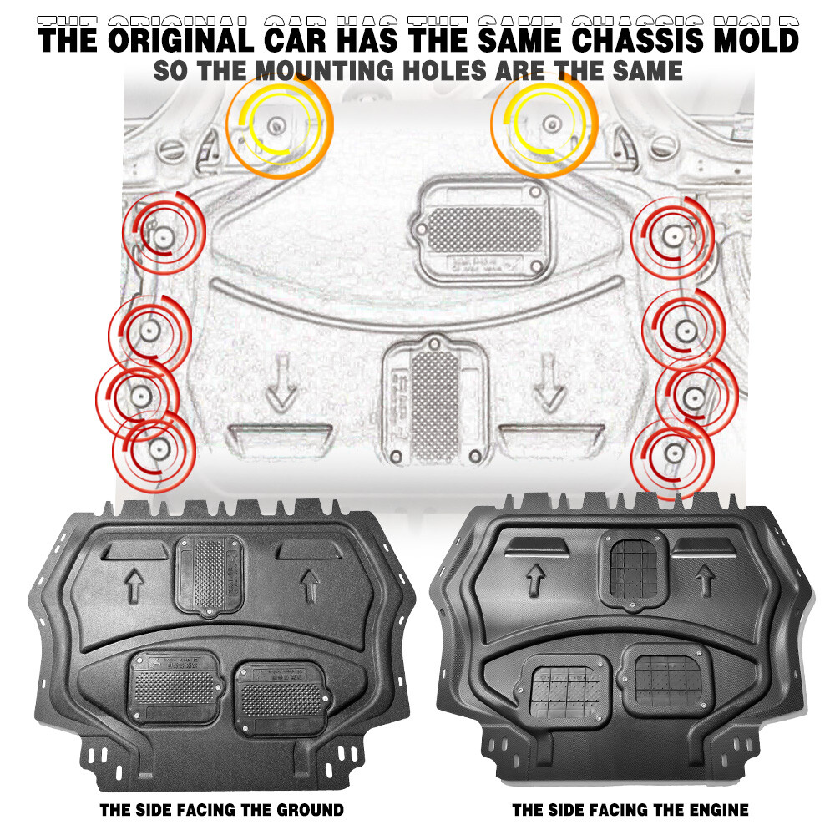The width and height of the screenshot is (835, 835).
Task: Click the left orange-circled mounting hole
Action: tap(276, 126)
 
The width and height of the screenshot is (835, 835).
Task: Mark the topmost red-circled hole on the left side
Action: tap(161, 234)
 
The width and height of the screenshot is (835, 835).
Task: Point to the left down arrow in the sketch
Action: tap(281, 384)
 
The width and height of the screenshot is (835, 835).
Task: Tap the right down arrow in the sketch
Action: tap(549, 384)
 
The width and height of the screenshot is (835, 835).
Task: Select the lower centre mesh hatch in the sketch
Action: tap(434, 401)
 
